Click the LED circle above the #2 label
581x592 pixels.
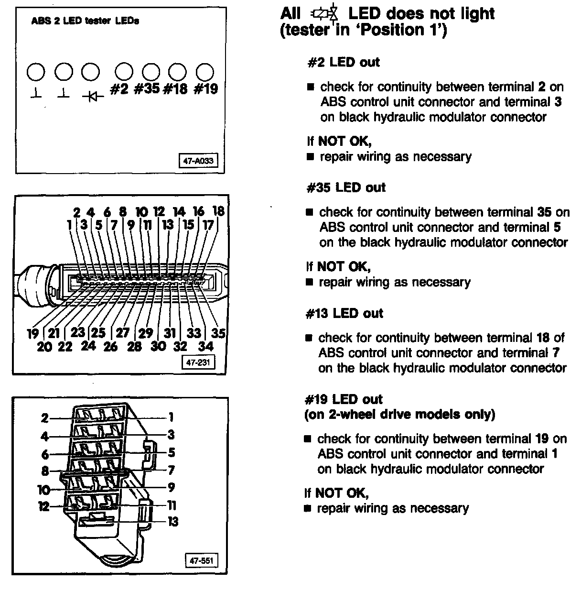point(124,72)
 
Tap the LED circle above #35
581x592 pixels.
point(151,72)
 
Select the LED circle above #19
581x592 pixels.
point(205,72)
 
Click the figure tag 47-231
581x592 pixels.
point(198,362)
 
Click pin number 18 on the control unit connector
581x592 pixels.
point(218,211)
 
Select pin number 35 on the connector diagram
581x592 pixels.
point(218,332)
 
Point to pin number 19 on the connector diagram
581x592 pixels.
point(32,333)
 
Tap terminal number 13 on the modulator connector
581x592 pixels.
point(172,521)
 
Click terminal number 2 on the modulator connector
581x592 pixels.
point(44,418)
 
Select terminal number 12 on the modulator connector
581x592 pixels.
point(43,506)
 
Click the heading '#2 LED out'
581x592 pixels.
point(343,62)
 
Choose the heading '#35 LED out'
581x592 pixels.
point(345,187)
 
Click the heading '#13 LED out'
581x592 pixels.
point(344,313)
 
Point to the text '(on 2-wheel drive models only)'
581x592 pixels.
point(399,414)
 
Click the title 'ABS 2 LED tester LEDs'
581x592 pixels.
point(85,21)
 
